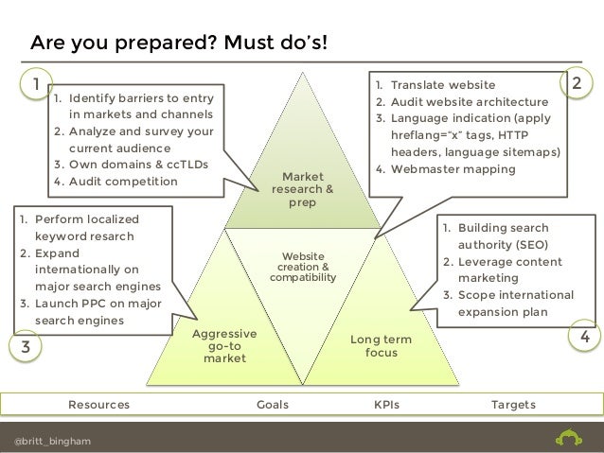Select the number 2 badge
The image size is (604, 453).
point(577,84)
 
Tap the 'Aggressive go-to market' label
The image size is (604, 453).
point(223,347)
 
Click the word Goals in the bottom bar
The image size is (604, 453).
point(273,405)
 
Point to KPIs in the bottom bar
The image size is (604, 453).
point(386,405)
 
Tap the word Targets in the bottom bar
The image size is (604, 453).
point(512,405)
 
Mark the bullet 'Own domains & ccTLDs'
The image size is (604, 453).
point(130,165)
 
